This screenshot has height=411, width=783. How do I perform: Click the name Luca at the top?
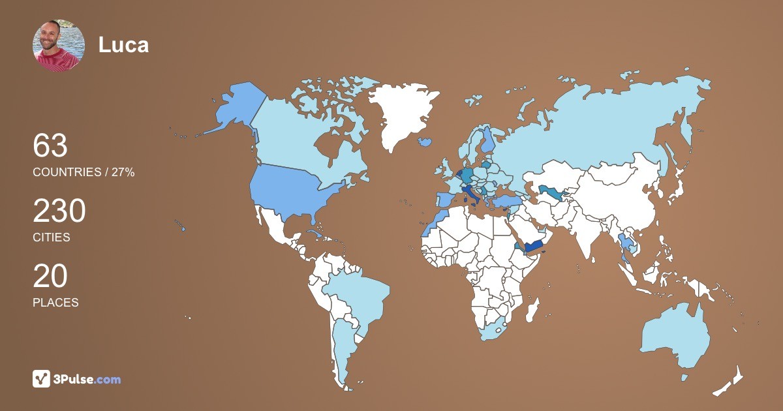click(123, 45)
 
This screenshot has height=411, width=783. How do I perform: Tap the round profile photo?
click(59, 45)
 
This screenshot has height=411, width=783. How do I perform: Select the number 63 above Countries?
click(50, 145)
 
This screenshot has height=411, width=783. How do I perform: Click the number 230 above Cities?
click(59, 211)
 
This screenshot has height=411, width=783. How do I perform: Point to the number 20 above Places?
click(50, 277)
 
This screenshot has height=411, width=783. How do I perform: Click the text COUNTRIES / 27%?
click(84, 172)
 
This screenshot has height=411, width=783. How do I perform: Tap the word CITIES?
click(52, 237)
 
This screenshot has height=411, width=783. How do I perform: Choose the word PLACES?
click(55, 303)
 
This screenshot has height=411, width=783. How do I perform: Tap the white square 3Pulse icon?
click(42, 379)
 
